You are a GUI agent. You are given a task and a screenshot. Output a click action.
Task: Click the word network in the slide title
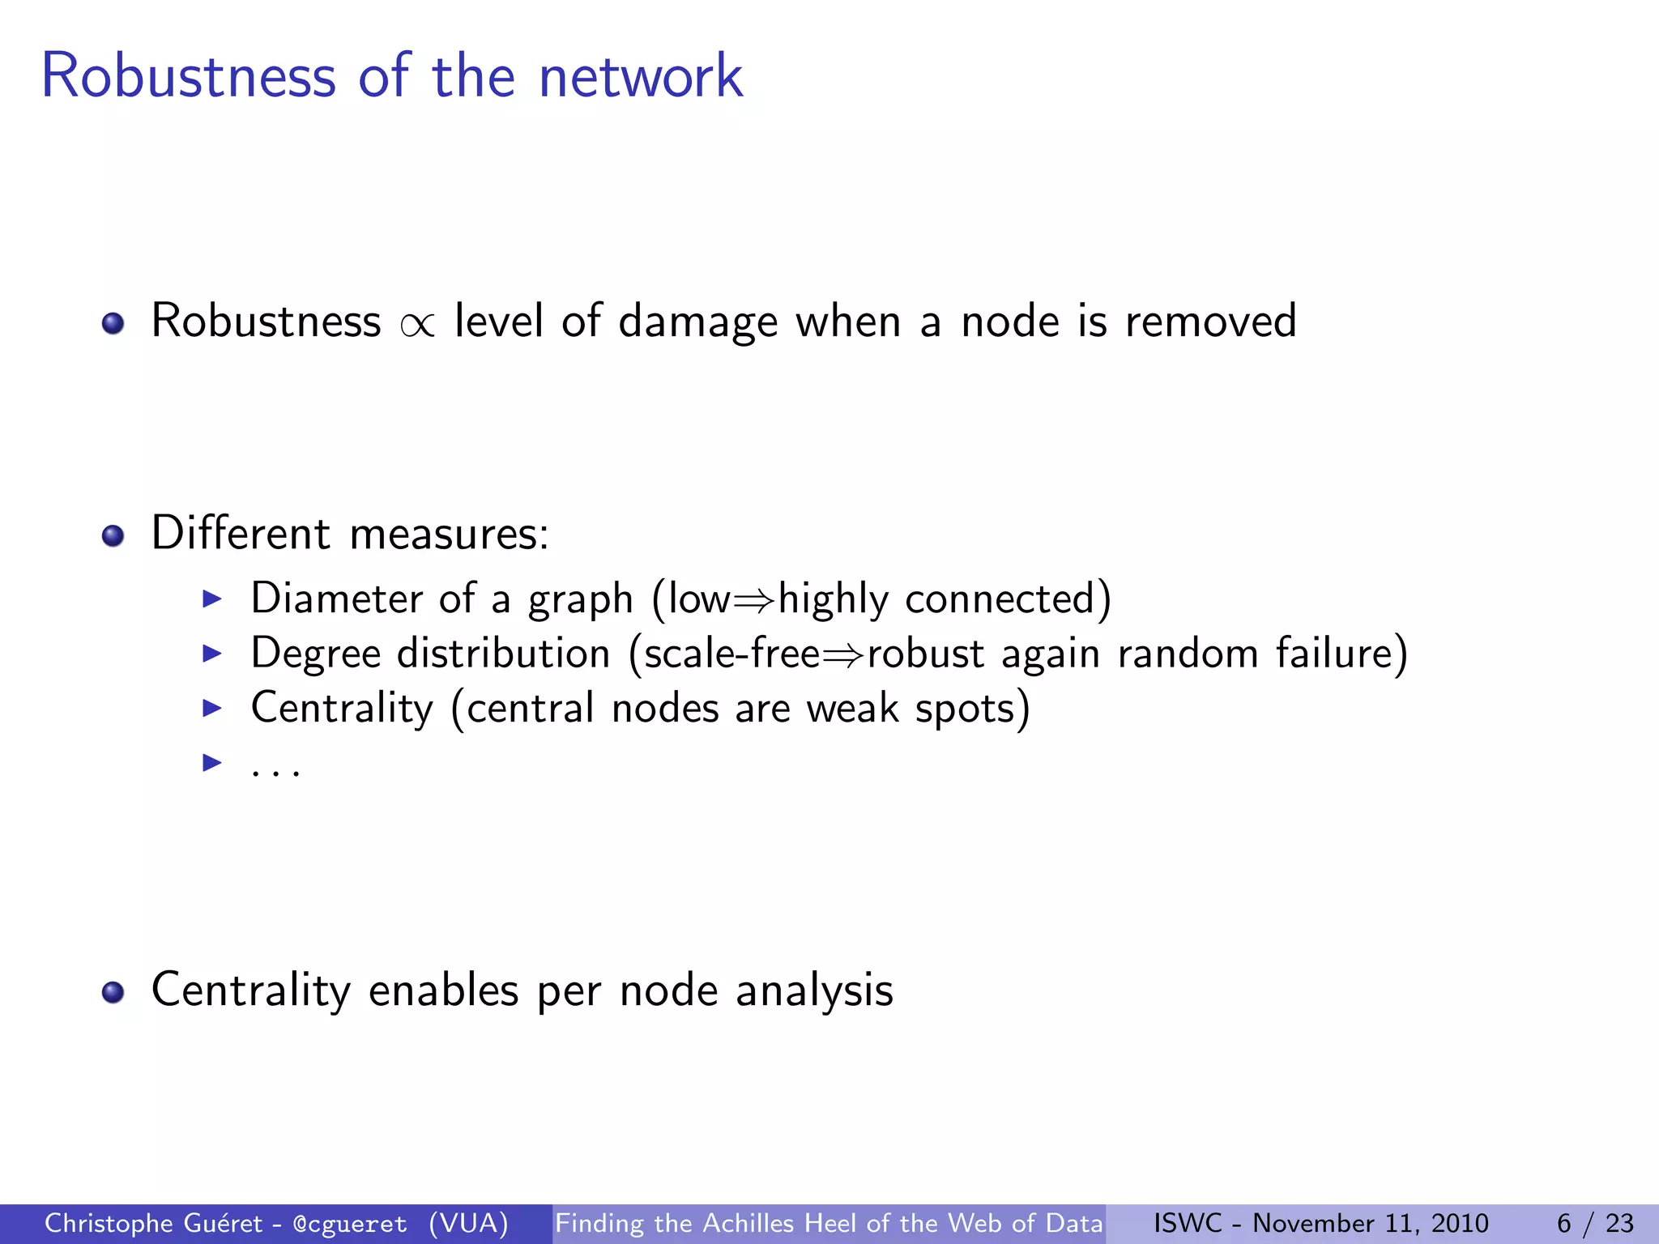click(640, 76)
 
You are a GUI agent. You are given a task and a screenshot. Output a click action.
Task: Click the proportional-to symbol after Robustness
click(417, 324)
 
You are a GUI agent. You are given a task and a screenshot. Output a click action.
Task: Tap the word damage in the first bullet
click(697, 322)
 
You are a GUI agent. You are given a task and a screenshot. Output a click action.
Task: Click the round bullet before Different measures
click(113, 535)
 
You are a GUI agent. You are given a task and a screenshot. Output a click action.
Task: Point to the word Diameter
click(336, 599)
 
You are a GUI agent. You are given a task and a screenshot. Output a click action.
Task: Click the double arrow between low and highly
click(753, 600)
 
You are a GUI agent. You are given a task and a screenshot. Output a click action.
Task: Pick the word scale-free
click(731, 653)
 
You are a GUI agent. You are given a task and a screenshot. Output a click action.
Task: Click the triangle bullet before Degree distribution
click(211, 653)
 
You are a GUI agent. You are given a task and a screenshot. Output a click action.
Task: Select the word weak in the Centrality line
click(852, 708)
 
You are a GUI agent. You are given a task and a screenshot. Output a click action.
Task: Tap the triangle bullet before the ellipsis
click(211, 762)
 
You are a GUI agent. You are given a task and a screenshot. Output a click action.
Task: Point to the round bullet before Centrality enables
click(113, 992)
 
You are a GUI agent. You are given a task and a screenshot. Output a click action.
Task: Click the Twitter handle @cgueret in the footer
click(350, 1224)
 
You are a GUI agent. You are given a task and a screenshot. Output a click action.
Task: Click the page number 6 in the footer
click(1563, 1223)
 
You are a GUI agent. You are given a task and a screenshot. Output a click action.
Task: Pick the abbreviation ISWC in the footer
click(1188, 1223)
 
